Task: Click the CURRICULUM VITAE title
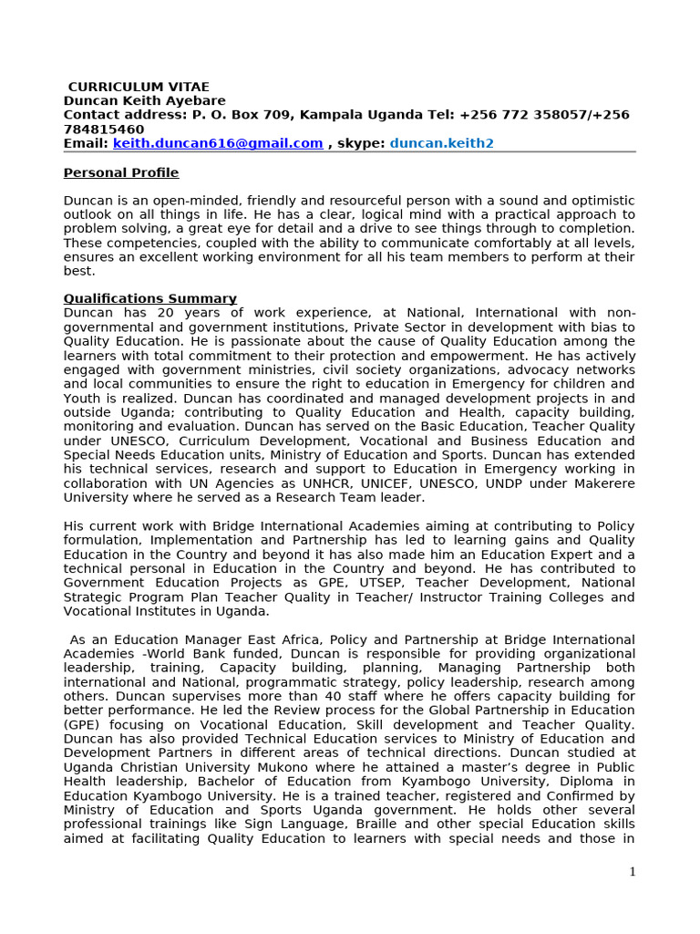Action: pyautogui.click(x=139, y=87)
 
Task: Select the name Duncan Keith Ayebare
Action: pyautogui.click(x=144, y=100)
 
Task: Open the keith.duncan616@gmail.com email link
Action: pyautogui.click(x=218, y=143)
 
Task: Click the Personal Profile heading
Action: pyautogui.click(x=121, y=173)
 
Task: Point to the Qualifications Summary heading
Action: pyautogui.click(x=150, y=299)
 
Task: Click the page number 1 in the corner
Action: pyautogui.click(x=632, y=872)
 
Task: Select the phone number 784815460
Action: pyautogui.click(x=104, y=130)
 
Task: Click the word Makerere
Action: pyautogui.click(x=601, y=483)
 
